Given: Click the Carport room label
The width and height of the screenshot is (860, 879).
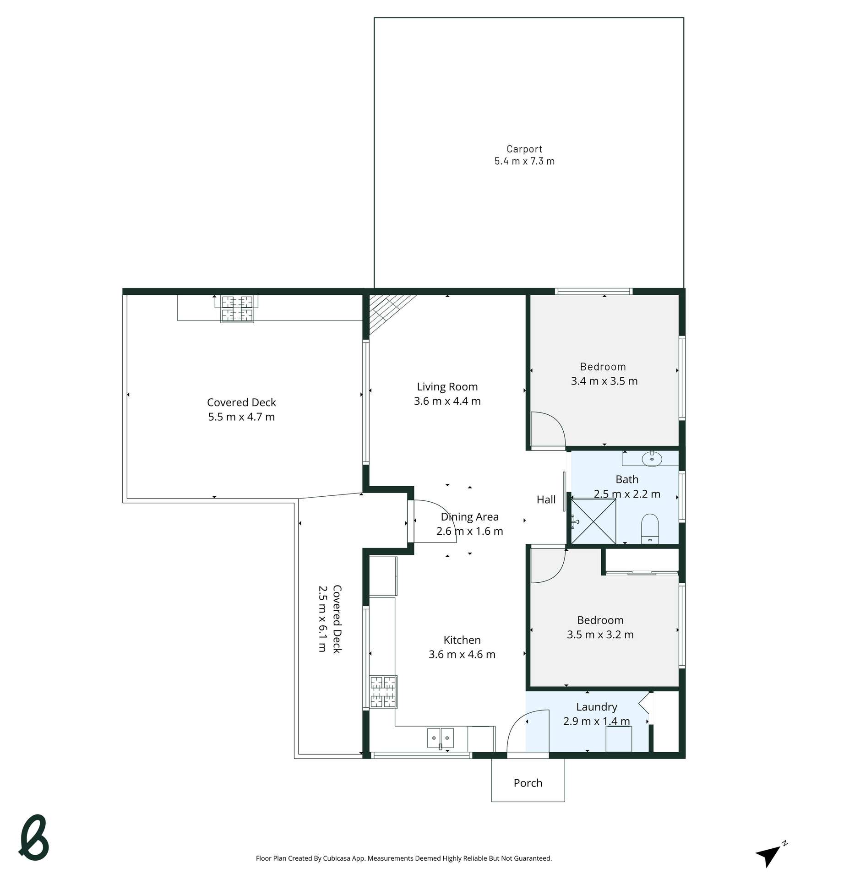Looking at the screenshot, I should [x=524, y=149].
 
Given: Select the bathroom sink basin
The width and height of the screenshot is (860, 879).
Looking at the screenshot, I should [x=651, y=458].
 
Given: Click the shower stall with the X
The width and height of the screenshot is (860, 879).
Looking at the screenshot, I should [x=593, y=521].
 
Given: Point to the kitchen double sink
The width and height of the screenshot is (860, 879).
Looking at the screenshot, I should [x=440, y=738].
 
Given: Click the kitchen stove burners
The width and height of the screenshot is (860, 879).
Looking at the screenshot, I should [x=383, y=691].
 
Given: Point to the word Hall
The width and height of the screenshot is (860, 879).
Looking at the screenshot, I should [x=545, y=499].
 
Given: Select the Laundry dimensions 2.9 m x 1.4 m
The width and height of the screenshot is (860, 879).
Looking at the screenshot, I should [x=596, y=721].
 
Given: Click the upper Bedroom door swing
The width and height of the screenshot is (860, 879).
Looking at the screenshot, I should [x=547, y=429].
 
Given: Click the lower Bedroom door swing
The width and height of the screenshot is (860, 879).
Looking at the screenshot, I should [x=547, y=565].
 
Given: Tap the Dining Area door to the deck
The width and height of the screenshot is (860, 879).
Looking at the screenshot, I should [x=433, y=521].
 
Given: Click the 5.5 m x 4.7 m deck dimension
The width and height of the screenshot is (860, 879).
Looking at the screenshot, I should [x=241, y=417].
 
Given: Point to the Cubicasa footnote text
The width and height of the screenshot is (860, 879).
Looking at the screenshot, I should [x=403, y=858].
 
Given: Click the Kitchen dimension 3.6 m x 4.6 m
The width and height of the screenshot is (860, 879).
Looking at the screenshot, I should [x=461, y=654].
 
